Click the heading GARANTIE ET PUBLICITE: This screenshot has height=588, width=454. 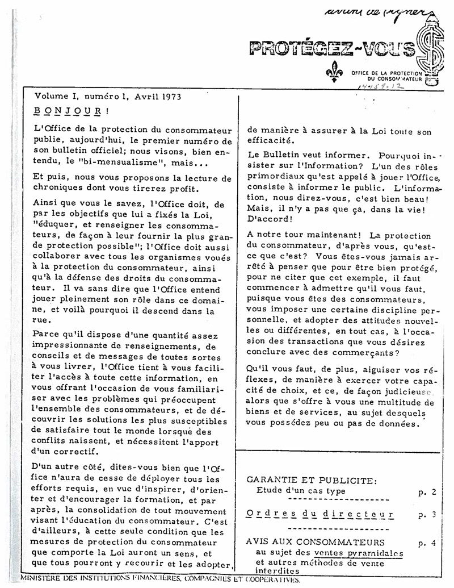pyautogui.click(x=312, y=481)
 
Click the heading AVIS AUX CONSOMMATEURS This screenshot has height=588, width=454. pyautogui.click(x=315, y=543)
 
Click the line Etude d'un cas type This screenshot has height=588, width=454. pyautogui.click(x=300, y=491)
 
